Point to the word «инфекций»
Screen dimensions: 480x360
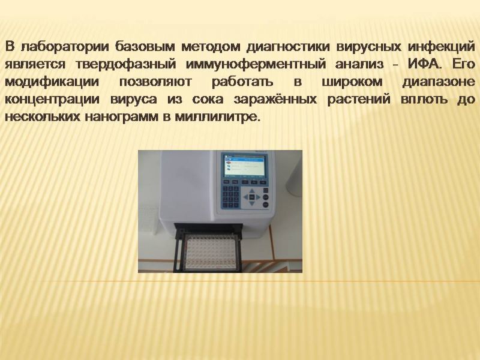coord(442,47)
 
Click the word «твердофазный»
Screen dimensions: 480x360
coord(125,65)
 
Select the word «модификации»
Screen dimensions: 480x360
coord(52,82)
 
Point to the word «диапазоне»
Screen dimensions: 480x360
coord(439,82)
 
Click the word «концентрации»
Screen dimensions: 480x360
coord(52,100)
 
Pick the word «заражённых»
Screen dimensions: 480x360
coord(275,99)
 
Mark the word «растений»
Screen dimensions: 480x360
coord(359,100)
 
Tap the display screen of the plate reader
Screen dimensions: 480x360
coord(245,166)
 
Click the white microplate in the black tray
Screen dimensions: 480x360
coord(211,250)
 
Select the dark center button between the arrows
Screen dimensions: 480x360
coord(251,197)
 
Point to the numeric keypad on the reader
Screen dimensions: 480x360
coord(230,196)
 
